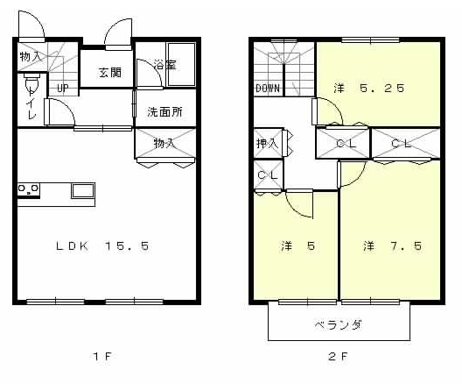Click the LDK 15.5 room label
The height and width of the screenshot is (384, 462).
point(102,246)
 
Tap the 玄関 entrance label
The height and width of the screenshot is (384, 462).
point(109,72)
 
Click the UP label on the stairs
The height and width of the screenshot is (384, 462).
point(63,88)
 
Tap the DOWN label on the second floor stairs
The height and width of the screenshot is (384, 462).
point(268,89)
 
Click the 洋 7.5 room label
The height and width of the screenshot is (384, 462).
point(393,246)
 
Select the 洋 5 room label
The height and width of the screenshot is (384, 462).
point(297,246)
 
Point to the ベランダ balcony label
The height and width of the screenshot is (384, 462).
point(339,324)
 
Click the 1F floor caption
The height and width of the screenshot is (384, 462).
point(102,357)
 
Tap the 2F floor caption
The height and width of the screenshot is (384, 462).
point(339,357)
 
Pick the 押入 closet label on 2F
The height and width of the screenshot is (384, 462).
point(267,143)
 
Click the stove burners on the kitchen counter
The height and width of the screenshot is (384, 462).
point(28,188)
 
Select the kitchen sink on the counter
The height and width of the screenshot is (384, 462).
point(83,190)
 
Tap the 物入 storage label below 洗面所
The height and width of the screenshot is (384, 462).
point(163,142)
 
